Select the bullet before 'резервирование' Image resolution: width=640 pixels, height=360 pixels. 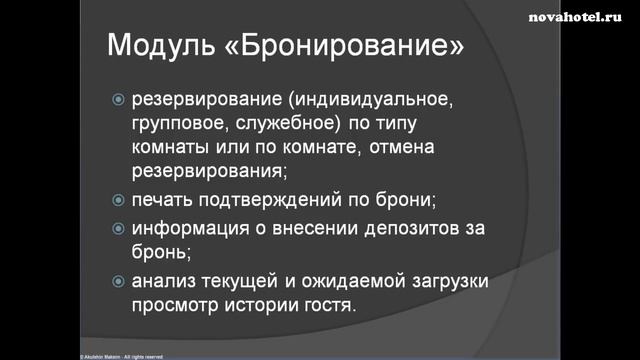click(119, 100)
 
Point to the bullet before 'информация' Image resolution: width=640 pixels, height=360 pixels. click(119, 228)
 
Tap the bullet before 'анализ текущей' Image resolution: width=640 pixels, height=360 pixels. click(119, 282)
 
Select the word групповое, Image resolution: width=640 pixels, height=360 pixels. click(177, 124)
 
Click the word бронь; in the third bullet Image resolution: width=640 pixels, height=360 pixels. click(161, 251)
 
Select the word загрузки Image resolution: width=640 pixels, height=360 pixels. click(445, 282)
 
